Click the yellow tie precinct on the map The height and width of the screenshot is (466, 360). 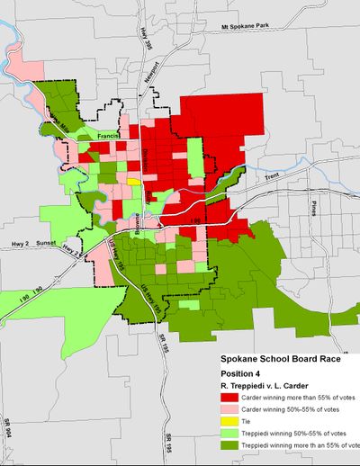point(133,181)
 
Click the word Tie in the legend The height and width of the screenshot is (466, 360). point(253,435)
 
